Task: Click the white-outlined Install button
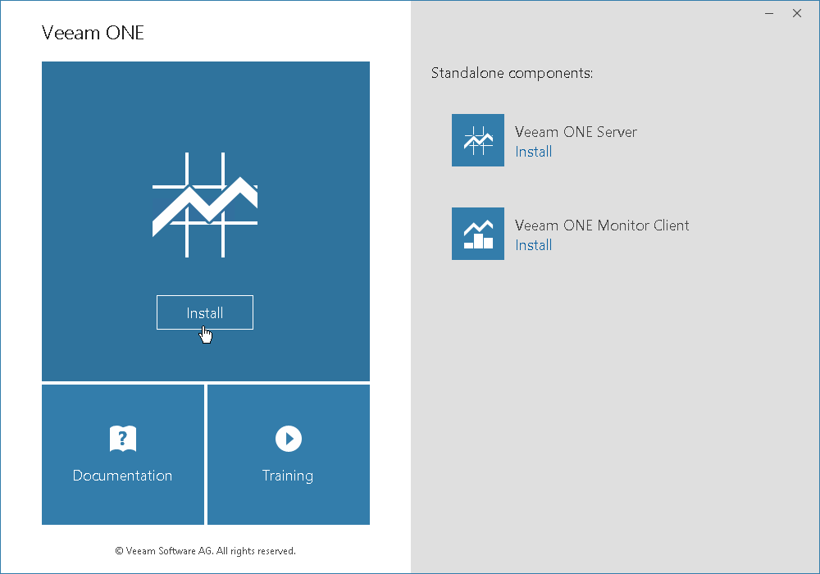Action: click(204, 312)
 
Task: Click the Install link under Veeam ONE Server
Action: click(534, 152)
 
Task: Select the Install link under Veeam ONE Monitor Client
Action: click(534, 245)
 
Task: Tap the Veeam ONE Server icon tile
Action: click(478, 140)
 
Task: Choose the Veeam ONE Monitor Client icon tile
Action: click(478, 234)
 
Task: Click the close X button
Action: click(797, 13)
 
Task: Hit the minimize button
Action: click(769, 14)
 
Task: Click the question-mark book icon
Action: click(123, 438)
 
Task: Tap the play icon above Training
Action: click(289, 438)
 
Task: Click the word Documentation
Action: click(122, 476)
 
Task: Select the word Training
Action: click(288, 476)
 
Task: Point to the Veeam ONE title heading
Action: click(93, 33)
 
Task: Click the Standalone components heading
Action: click(512, 73)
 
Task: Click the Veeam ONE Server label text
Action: click(576, 132)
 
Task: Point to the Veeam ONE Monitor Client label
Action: click(602, 225)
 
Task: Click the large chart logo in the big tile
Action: click(205, 205)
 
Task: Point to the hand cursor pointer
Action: click(206, 335)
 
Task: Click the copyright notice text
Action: click(206, 550)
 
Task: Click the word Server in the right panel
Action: click(617, 132)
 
